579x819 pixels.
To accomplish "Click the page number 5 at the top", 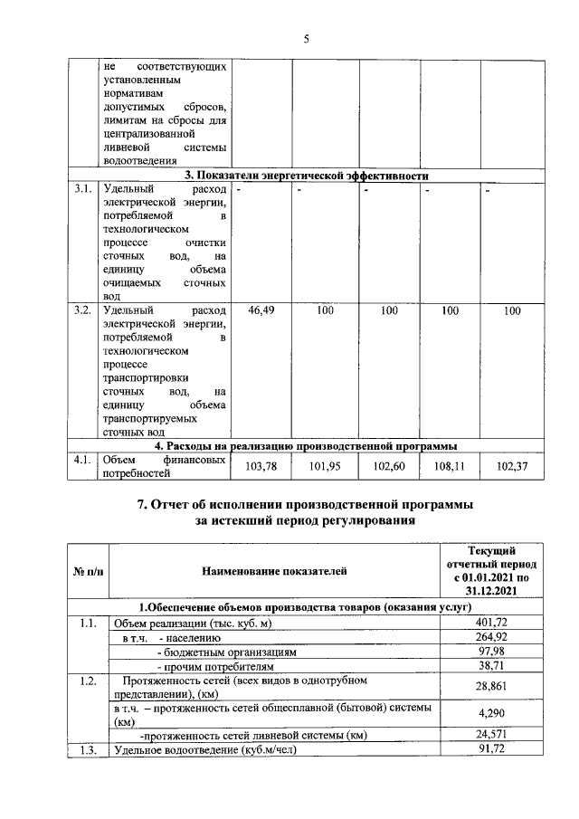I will (x=307, y=38).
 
